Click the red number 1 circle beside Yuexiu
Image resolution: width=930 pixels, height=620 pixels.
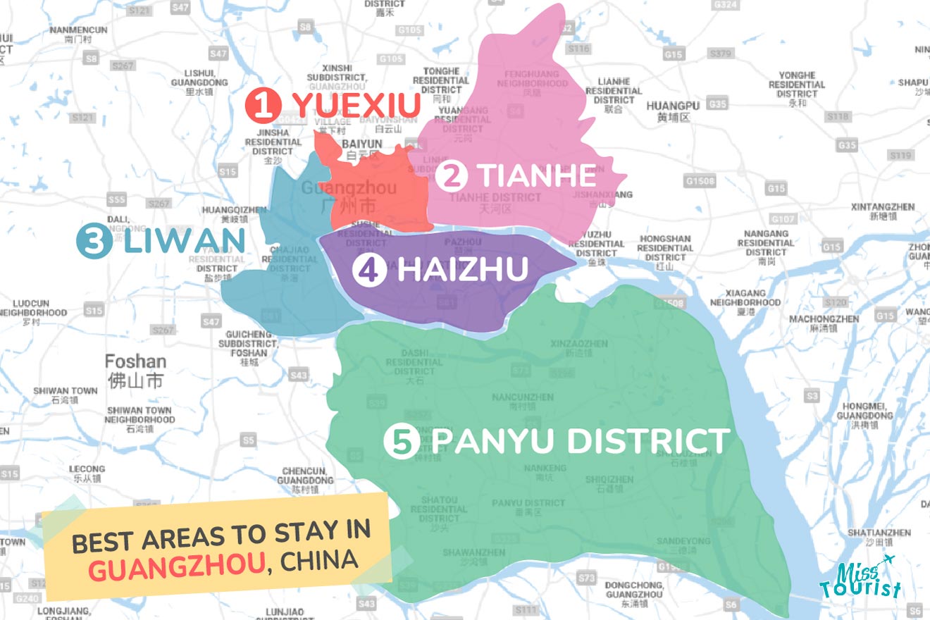[x=263, y=106]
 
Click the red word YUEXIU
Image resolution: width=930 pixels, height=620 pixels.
[x=356, y=106]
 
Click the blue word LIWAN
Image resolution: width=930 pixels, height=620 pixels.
[x=185, y=241]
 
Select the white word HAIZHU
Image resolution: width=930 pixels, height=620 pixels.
[x=462, y=270]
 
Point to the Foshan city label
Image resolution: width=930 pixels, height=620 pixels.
[x=135, y=371]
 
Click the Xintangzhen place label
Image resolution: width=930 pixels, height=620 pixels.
[x=883, y=211]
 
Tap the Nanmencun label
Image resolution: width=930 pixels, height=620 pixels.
[x=78, y=35]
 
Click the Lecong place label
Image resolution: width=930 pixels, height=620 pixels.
[x=87, y=473]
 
